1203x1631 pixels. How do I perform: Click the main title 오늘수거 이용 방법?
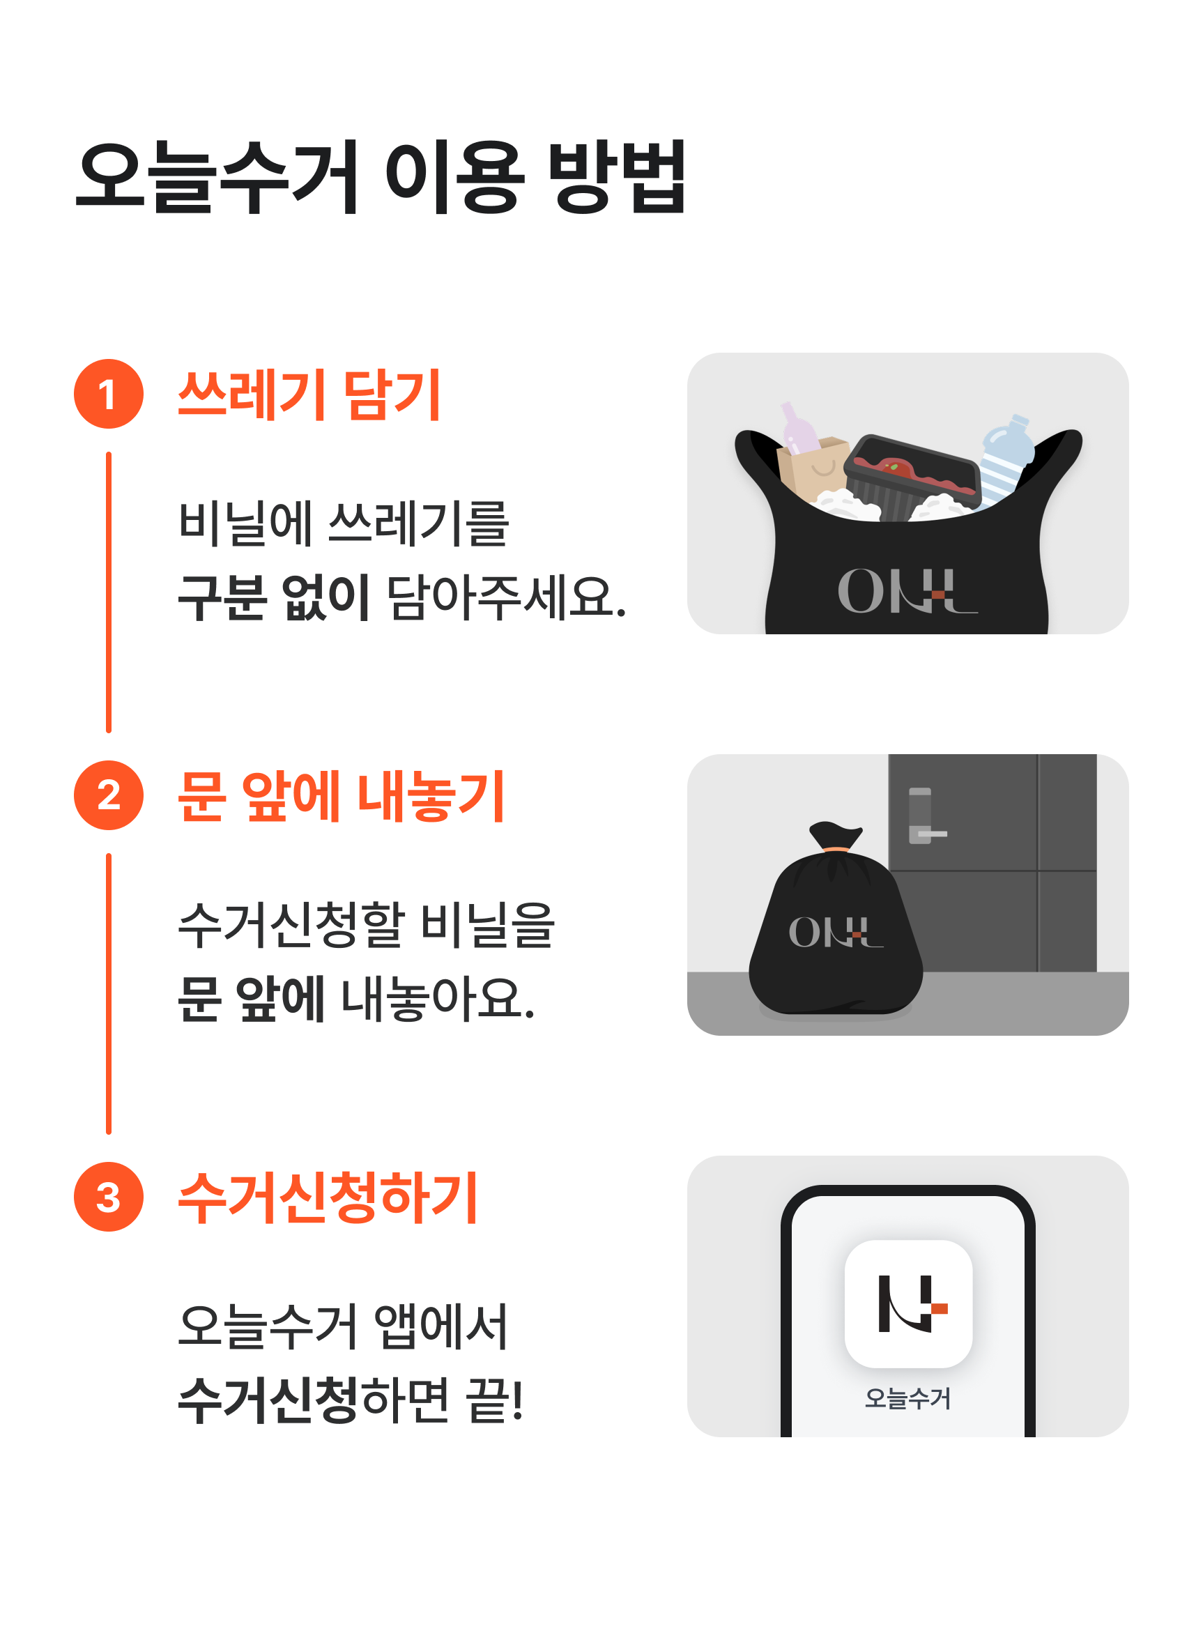coord(381,177)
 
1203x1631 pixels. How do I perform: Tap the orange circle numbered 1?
coord(109,394)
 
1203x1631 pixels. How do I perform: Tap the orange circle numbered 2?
coord(109,795)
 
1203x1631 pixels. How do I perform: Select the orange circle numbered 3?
coord(109,1196)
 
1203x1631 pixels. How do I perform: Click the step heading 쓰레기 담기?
coord(309,395)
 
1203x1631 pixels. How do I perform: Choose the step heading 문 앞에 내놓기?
coord(342,796)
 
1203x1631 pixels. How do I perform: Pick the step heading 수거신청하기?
coord(328,1197)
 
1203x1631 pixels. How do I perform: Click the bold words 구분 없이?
coord(274,597)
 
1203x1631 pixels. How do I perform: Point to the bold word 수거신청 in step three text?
coord(268,1400)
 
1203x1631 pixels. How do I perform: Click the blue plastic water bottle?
coord(1005,459)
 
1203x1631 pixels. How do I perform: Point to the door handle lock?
coord(924,815)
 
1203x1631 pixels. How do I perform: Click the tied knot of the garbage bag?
coord(836,837)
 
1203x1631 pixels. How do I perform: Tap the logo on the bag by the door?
coord(836,932)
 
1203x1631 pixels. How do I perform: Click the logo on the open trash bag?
coord(907,591)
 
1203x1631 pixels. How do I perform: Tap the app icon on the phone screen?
coord(908,1303)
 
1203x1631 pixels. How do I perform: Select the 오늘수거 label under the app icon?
coord(908,1398)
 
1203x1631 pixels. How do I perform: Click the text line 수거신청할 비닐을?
coord(367,926)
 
